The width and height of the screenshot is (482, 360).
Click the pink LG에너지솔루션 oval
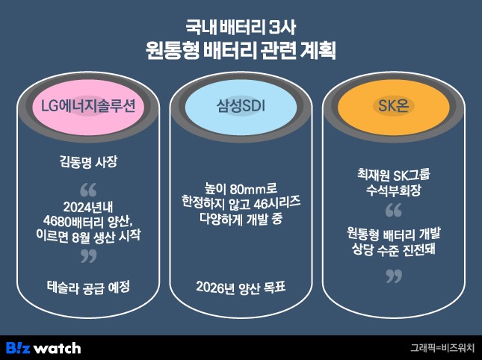pyautogui.click(x=88, y=107)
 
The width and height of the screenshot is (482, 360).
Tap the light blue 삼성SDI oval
pyautogui.click(x=241, y=107)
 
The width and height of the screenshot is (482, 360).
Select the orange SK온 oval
pyautogui.click(x=394, y=107)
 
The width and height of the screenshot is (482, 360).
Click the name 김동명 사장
pyautogui.click(x=88, y=161)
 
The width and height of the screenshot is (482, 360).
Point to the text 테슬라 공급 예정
pyautogui.click(x=88, y=288)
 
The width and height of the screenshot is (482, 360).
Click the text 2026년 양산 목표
pyautogui.click(x=241, y=288)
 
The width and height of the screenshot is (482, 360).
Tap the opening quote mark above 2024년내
pyautogui.click(x=88, y=190)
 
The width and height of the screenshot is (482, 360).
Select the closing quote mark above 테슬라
pyautogui.click(x=88, y=255)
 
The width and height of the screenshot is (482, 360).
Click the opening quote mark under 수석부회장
pyautogui.click(x=394, y=210)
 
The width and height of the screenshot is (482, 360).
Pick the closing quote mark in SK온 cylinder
pyautogui.click(x=394, y=276)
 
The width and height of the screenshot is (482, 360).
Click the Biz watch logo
pyautogui.click(x=43, y=348)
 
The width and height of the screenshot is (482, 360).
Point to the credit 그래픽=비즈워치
pyautogui.click(x=442, y=348)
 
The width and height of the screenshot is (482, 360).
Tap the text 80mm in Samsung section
pyautogui.click(x=247, y=190)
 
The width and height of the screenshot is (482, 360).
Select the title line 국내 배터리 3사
pyautogui.click(x=241, y=28)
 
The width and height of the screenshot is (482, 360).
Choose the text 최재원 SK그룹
pyautogui.click(x=394, y=175)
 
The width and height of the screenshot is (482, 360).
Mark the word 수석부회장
pyautogui.click(x=394, y=190)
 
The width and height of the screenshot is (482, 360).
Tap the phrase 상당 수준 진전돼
pyautogui.click(x=394, y=249)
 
